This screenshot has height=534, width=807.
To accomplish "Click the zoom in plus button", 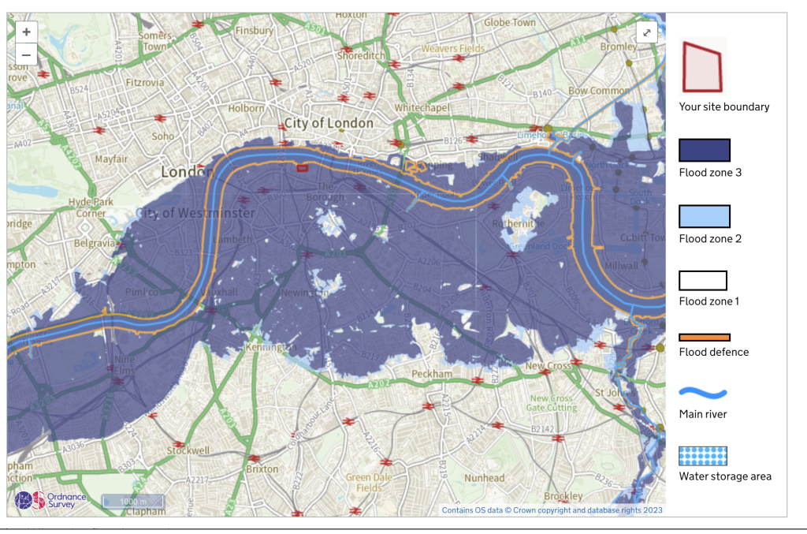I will click(x=26, y=32).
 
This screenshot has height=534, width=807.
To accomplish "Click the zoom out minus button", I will click(x=26, y=54).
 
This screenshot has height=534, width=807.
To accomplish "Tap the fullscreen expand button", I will click(x=646, y=32).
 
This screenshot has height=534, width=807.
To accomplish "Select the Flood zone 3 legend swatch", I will click(x=705, y=150).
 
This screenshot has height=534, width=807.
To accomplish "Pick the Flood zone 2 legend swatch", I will click(x=705, y=216).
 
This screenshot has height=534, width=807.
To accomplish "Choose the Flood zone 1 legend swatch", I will click(x=703, y=280).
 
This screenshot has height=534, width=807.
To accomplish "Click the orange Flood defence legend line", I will click(x=705, y=338).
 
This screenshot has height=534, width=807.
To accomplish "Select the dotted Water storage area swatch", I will click(x=703, y=456).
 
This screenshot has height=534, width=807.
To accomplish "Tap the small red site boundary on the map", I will click(x=302, y=167).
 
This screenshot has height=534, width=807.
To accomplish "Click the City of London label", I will click(x=329, y=123).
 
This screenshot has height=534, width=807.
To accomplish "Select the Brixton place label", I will click(x=262, y=469).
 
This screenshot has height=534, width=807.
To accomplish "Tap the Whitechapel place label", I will click(x=422, y=107).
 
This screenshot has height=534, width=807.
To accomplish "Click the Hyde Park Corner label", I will click(x=86, y=207).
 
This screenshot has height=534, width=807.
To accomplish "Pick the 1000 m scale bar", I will click(x=132, y=500).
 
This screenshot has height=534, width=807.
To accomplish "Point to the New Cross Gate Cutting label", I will click(x=552, y=403).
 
